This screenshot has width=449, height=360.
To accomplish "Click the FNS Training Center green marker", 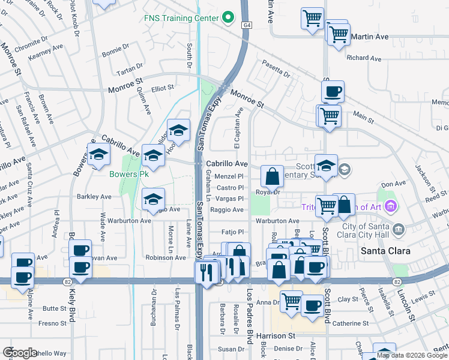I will pyautogui.click(x=227, y=18).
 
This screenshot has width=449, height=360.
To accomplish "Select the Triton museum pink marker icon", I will pyautogui.click(x=391, y=207).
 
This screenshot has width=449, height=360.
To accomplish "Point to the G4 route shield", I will pyautogui.click(x=247, y=25).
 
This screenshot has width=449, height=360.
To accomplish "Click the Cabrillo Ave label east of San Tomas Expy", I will pyautogui.click(x=227, y=163).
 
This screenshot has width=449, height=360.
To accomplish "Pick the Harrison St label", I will pyautogui.click(x=276, y=336).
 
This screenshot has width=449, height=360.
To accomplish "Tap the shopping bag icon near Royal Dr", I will pyautogui.click(x=272, y=177).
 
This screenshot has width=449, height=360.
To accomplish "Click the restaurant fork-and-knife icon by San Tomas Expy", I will pyautogui.click(x=206, y=273).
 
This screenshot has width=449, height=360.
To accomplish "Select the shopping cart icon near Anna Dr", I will pyautogui.click(x=292, y=302).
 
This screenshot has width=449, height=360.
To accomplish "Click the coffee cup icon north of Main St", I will pyautogui.click(x=333, y=92).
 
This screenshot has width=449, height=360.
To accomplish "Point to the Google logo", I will pyautogui.click(x=20, y=353).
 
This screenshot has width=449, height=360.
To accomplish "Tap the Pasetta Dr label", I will pyautogui.click(x=276, y=69).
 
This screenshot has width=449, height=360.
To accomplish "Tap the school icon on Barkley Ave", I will pyautogui.click(x=153, y=199).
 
